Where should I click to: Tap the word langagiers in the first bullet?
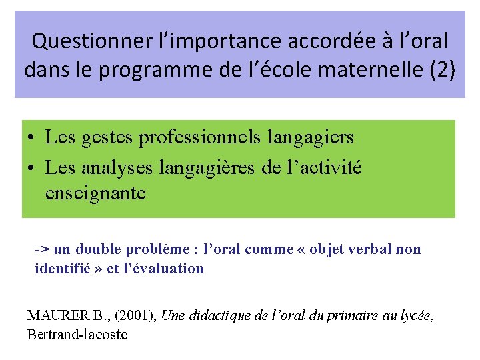pos(310,138)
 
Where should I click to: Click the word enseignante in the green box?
pos(95,193)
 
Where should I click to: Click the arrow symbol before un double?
pos(41,250)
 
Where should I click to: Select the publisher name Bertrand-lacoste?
pos(77,335)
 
